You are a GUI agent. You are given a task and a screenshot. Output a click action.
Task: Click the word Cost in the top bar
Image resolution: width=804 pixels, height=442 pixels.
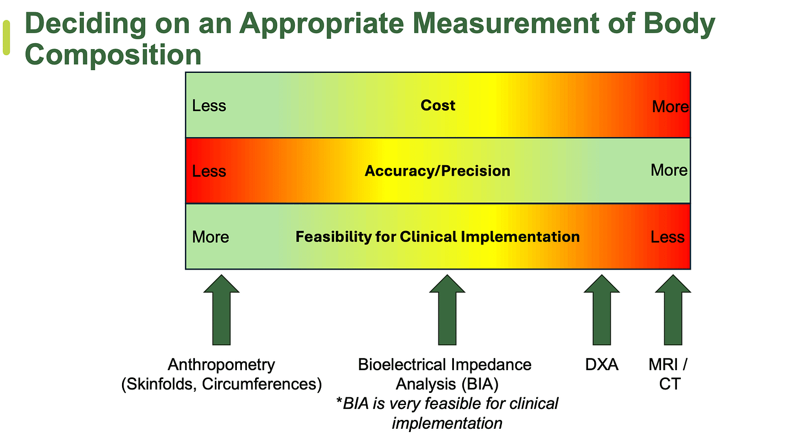pyautogui.click(x=438, y=106)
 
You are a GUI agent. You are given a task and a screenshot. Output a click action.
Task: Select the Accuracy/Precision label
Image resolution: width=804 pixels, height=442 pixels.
pyautogui.click(x=437, y=171)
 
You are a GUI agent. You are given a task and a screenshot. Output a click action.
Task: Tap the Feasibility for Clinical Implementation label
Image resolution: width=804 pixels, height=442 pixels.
pyautogui.click(x=437, y=237)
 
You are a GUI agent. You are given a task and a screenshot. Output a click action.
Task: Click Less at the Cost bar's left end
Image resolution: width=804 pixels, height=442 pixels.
pyautogui.click(x=209, y=106)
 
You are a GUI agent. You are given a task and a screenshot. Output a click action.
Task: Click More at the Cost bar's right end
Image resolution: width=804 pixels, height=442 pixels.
pyautogui.click(x=670, y=107)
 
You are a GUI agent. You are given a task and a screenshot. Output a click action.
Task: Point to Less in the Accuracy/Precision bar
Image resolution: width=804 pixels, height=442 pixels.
pyautogui.click(x=209, y=171)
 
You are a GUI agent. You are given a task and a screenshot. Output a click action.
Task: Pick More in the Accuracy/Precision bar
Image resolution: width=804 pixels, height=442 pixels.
pyautogui.click(x=669, y=170)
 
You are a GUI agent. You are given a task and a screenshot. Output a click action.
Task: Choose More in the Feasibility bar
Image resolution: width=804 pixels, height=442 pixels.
pyautogui.click(x=210, y=238)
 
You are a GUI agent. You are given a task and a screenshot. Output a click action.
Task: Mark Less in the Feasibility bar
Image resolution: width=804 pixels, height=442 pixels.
pyautogui.click(x=668, y=238)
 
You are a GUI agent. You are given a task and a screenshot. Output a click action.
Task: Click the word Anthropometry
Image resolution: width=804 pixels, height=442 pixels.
pyautogui.click(x=221, y=365)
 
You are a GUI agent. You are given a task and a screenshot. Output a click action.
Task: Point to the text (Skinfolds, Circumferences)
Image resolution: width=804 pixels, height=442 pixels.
pyautogui.click(x=221, y=384)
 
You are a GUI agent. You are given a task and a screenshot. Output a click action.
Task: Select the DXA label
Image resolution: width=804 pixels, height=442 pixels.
pyautogui.click(x=601, y=365)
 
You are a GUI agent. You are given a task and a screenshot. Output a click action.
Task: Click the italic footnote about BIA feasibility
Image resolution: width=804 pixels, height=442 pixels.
pyautogui.click(x=447, y=413)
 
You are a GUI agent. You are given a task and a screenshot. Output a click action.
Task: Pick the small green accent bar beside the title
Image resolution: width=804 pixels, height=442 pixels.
pyautogui.click(x=7, y=38)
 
